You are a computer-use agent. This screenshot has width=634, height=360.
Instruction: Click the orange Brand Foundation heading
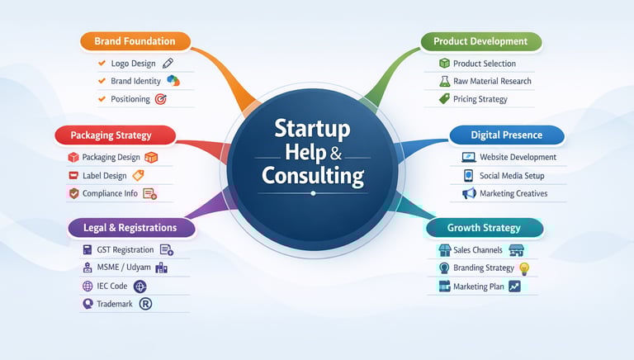click(x=135, y=41)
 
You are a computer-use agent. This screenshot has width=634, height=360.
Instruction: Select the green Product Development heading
click(x=480, y=41)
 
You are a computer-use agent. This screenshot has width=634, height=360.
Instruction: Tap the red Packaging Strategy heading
click(x=116, y=135)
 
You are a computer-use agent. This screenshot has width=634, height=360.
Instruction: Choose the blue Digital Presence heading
click(x=506, y=135)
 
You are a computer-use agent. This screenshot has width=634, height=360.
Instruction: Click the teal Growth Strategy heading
click(x=484, y=227)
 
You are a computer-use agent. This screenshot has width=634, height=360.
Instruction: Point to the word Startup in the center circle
click(x=312, y=130)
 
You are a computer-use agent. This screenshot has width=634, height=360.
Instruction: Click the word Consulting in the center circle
click(x=313, y=175)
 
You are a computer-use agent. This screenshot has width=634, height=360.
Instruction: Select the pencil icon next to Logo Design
click(x=168, y=64)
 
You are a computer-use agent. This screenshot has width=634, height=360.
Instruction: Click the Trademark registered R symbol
click(x=146, y=305)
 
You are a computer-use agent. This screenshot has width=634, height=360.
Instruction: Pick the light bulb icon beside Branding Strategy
click(x=523, y=268)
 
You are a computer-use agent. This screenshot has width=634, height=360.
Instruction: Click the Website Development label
click(x=518, y=157)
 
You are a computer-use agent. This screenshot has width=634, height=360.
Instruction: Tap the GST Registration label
click(x=125, y=250)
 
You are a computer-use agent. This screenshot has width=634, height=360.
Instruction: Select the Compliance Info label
click(x=111, y=194)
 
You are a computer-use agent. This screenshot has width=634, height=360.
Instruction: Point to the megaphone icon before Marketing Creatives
click(x=469, y=194)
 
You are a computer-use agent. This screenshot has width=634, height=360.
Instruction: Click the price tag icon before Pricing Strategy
click(x=444, y=100)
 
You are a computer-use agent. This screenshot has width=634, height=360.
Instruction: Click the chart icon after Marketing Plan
click(x=515, y=287)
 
